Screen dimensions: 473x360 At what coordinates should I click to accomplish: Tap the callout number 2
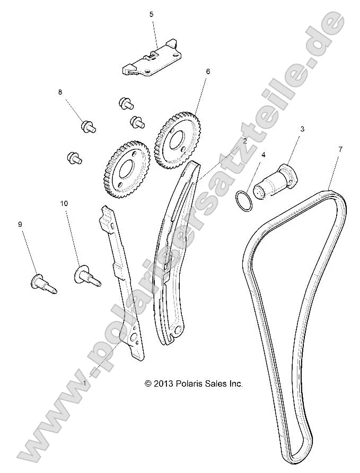pos(245,141)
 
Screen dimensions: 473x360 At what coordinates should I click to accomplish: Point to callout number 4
pos(264,155)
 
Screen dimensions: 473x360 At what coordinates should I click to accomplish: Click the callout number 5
pos(151,15)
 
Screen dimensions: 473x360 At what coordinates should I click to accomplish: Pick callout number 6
pos(208,70)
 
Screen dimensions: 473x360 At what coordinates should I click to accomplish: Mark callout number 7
pos(340,149)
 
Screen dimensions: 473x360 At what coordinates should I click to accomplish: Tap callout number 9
pos(20,224)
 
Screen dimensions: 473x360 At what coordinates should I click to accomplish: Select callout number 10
pos(64,203)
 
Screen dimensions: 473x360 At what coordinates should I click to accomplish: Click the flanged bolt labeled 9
pos(42,282)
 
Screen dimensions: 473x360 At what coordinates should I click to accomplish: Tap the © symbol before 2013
pos(148,383)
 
